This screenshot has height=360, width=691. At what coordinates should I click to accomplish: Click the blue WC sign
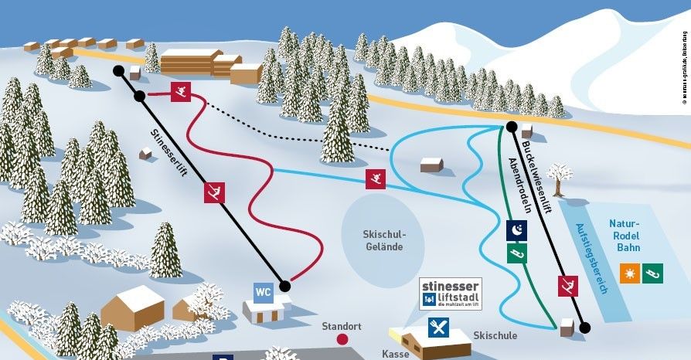tap(264, 292)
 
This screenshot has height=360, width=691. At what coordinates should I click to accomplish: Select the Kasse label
tap(395, 352)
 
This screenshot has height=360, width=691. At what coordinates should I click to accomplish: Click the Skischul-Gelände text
tap(384, 240)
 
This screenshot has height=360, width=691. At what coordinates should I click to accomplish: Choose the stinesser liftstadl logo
tap(450, 294)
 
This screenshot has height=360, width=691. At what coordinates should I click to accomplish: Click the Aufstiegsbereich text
tap(592, 257)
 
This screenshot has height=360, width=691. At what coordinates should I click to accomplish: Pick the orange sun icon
tap(630, 273)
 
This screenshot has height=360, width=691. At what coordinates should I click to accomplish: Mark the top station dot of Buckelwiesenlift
tap(511, 126)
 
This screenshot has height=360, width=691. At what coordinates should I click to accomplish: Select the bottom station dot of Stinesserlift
tap(284, 286)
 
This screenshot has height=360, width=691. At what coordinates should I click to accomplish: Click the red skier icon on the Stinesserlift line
tap(214, 192)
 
